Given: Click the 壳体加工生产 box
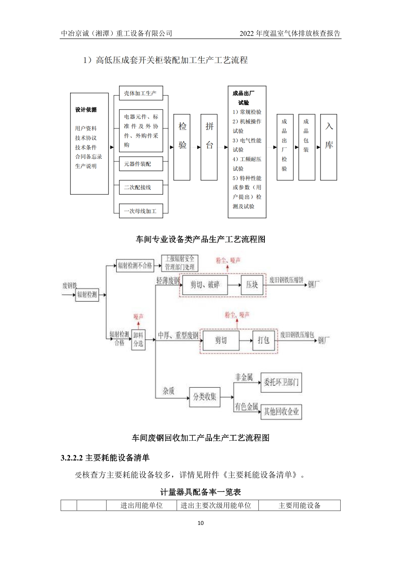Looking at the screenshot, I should [141, 93].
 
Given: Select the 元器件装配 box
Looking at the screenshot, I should [141, 164].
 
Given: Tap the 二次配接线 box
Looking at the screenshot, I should [141, 187].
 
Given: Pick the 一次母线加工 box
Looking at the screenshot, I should [141, 211].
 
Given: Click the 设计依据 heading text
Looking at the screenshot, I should [86, 110].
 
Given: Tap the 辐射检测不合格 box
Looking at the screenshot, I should [135, 265].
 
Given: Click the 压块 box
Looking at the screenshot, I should [252, 285].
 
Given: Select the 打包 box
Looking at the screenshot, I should [263, 341].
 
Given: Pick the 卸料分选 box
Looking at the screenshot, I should [138, 340].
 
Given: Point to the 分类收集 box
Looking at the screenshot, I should [205, 397].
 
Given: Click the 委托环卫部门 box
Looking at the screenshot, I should [281, 382].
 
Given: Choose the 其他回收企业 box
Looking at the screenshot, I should [281, 412].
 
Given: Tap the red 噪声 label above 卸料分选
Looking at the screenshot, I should [138, 317].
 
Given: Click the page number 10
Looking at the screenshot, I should [201, 523].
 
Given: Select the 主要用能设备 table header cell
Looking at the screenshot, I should [299, 505].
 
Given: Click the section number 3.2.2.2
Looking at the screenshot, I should [72, 458].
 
